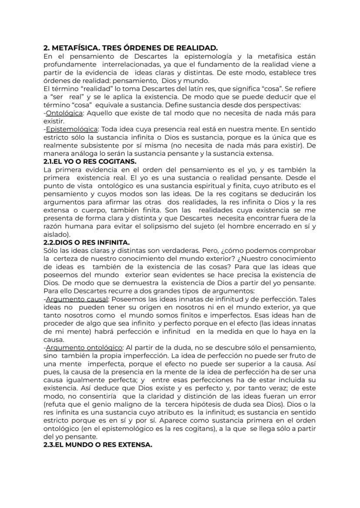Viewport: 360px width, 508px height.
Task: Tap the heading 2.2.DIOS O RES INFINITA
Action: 87,242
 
